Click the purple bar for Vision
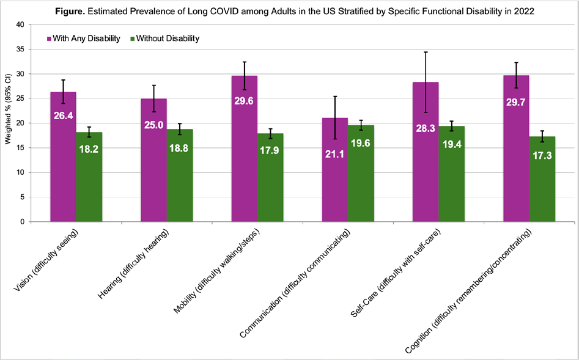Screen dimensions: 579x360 (63, 156)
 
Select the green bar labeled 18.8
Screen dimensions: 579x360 (180, 175)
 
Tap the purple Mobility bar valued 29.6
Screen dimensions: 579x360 (245, 149)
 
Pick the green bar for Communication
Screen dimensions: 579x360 (361, 173)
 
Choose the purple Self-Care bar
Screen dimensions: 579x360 (426, 152)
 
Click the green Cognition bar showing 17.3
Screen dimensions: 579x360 (542, 179)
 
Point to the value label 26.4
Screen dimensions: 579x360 (63, 116)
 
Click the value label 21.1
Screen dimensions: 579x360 (334, 154)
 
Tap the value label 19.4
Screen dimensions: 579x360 (452, 144)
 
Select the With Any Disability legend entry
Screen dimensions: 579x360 (83, 39)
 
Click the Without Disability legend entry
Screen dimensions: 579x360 (164, 39)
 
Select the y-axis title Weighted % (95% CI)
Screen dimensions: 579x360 (8, 109)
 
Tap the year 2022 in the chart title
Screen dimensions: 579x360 (523, 11)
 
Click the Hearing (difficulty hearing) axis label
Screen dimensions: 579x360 (133, 264)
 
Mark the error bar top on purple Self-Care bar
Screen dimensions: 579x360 (426, 52)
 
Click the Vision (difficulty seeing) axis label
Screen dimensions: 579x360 (46, 260)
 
